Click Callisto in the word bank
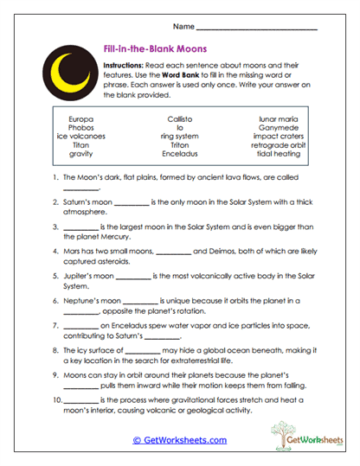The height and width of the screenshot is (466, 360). [179, 118]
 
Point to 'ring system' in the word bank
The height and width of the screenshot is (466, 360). [179, 136]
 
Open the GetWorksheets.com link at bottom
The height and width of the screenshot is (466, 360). [179, 440]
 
